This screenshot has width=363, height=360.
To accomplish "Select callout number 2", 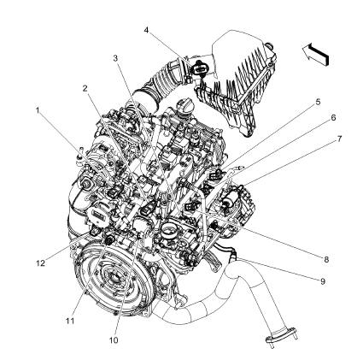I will point(85,88).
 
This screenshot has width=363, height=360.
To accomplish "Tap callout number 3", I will point(115,57).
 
